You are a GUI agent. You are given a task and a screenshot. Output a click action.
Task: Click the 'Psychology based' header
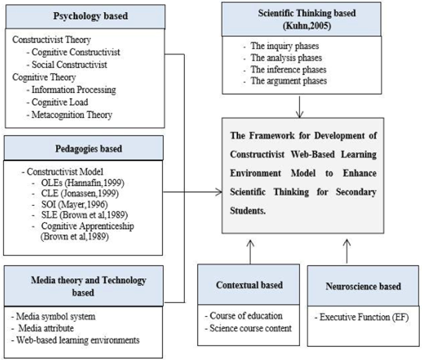tap(90, 16)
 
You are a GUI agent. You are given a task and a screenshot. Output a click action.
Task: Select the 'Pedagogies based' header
tap(89, 148)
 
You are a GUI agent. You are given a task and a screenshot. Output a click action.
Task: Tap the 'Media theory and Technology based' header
tap(88, 286)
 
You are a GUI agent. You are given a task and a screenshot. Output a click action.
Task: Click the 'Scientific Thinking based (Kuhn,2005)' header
tap(306, 19)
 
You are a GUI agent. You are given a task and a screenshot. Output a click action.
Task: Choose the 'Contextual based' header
tap(249, 285)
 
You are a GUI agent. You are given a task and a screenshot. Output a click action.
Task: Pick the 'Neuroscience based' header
tap(363, 286)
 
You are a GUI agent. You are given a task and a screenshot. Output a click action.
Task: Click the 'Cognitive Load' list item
tap(60, 102)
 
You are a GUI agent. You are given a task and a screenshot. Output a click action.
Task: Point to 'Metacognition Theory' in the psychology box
tap(72, 115)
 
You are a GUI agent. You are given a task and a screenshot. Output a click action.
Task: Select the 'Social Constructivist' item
tap(69, 65)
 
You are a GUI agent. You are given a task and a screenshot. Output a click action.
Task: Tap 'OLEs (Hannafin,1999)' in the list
tap(83, 183)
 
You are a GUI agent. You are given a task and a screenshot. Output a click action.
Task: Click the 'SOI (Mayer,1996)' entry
tap(75, 204)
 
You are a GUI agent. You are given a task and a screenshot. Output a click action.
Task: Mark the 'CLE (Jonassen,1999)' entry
tap(80, 193)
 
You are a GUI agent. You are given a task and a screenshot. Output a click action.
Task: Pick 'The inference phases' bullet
tap(288, 69)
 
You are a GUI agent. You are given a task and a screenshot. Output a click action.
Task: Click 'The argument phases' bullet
tap(288, 81)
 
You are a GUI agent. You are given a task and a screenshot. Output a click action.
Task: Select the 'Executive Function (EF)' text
tap(364, 317)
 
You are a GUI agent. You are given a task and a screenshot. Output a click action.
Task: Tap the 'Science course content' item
tap(250, 328)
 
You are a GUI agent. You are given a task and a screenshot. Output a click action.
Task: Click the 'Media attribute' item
tap(46, 328)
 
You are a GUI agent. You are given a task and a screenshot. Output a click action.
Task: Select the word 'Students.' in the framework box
tap(248, 211)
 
